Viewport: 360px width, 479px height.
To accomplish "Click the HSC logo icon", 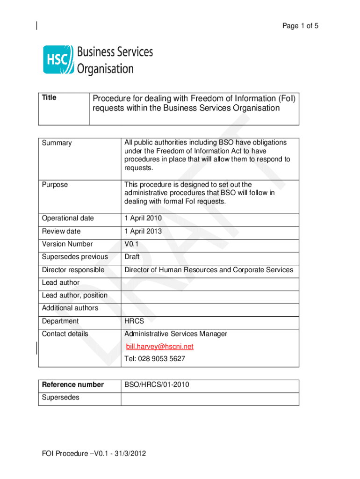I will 58,59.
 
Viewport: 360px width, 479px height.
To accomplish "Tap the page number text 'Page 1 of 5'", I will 300,26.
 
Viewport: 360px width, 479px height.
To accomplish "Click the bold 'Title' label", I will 49,97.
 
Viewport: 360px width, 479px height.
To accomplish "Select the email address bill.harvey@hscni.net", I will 159,347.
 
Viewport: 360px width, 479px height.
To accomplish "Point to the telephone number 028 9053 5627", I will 155,359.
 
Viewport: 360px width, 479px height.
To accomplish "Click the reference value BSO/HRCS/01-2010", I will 157,385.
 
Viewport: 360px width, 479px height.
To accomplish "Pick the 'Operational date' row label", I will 68,218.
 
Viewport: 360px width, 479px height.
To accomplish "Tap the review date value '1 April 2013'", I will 143,231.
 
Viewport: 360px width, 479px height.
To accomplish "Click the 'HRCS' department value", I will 134,321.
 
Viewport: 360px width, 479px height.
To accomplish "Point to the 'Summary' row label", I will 57,143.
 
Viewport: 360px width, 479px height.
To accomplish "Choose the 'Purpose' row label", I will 55,185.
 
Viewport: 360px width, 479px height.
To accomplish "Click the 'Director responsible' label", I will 73,270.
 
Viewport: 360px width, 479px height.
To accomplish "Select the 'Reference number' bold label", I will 73,385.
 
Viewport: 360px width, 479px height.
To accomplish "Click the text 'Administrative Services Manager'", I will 176,334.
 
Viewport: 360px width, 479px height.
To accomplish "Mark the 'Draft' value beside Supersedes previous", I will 132,257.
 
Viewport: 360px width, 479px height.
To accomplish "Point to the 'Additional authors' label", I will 70,308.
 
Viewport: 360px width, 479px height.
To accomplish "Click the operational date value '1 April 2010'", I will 143,218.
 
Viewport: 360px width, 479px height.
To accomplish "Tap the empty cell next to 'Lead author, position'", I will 210,295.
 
